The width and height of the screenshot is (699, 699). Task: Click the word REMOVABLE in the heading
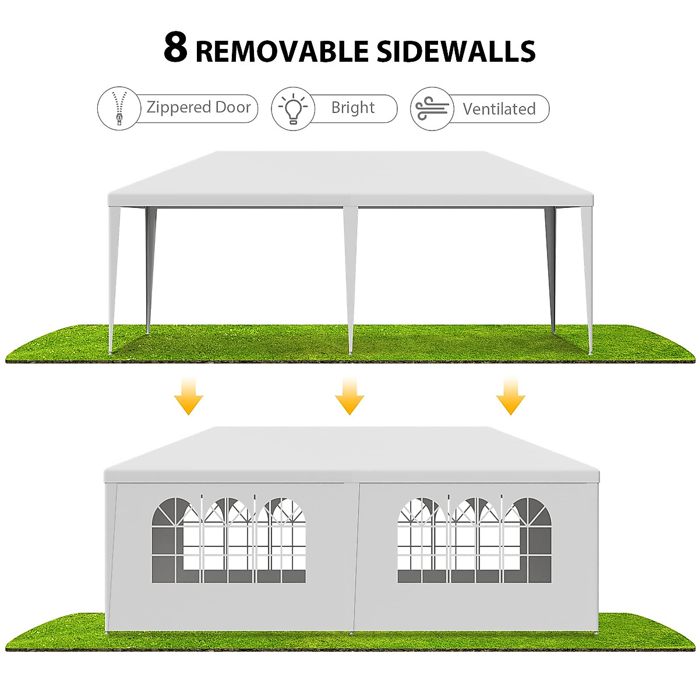click(x=282, y=51)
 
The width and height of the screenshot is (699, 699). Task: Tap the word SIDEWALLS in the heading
click(x=456, y=51)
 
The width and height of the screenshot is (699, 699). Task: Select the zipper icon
click(x=119, y=108)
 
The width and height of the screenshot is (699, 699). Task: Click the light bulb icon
click(x=293, y=108)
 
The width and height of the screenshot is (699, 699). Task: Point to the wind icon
click(x=432, y=108)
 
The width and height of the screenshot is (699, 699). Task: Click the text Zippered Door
click(x=198, y=108)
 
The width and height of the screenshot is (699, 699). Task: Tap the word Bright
click(x=353, y=108)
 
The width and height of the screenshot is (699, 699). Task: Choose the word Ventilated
click(x=499, y=109)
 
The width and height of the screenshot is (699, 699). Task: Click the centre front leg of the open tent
click(x=350, y=280)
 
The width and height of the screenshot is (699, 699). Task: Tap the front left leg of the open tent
click(x=114, y=280)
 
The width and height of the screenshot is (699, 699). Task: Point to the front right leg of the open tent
click(x=587, y=280)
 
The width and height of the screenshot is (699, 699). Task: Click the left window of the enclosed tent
click(x=228, y=540)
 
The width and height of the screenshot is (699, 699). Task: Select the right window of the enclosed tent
click(x=474, y=540)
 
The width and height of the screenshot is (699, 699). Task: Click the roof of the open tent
click(x=349, y=175)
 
